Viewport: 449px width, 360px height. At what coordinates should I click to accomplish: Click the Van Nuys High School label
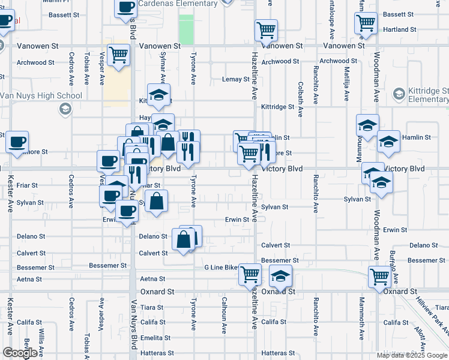(41, 95)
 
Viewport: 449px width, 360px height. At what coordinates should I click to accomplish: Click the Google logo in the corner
(20, 353)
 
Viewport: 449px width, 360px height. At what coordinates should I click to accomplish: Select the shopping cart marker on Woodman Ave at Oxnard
(379, 277)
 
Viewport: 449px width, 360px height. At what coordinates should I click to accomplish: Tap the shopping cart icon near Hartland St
(366, 23)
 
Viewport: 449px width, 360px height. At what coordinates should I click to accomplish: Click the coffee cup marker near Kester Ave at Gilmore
(17, 142)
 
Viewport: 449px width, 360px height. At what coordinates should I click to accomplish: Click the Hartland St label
(401, 29)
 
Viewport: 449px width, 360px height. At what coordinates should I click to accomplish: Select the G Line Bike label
(221, 267)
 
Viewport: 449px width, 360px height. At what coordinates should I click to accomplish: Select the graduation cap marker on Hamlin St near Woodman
(389, 142)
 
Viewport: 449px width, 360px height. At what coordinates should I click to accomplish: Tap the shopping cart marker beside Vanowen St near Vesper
(119, 55)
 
